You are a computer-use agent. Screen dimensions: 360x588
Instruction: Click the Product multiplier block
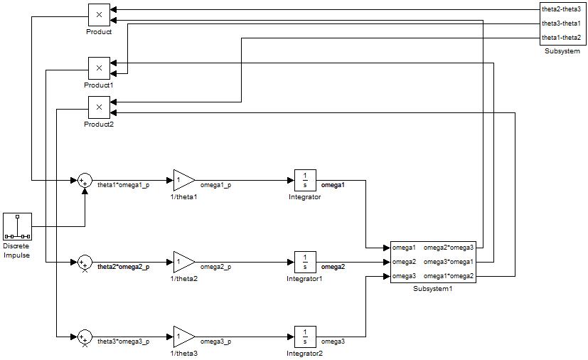(x=99, y=14)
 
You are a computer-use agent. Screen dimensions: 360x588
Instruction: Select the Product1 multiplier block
(x=99, y=68)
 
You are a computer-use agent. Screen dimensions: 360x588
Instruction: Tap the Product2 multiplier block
(x=99, y=107)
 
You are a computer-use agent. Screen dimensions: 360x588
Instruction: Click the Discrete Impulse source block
(x=17, y=226)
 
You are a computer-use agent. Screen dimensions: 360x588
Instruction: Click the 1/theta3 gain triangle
(x=183, y=337)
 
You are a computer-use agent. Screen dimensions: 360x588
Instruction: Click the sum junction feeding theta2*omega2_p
(x=85, y=263)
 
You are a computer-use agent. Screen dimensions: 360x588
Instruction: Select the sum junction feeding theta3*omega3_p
(x=85, y=337)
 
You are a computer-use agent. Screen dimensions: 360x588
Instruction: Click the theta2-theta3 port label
(x=561, y=9)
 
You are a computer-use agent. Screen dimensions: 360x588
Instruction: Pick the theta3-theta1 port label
(x=561, y=23)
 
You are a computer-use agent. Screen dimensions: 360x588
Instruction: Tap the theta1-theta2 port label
(x=561, y=37)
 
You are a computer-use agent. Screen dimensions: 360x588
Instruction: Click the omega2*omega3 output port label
(x=448, y=248)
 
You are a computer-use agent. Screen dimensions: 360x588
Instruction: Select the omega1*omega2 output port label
(x=448, y=275)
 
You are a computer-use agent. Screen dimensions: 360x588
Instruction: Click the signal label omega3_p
(x=215, y=342)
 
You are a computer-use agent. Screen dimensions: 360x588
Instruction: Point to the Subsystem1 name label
(x=433, y=289)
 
